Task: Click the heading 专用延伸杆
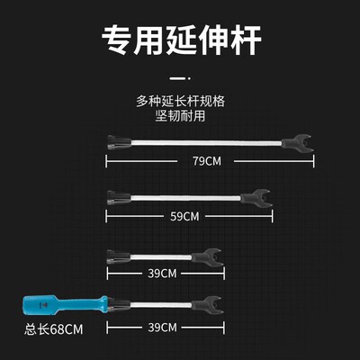pos(181,40)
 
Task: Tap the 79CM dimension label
pos(207,161)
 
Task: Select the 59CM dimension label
pos(184,216)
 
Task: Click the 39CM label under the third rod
pos(162,274)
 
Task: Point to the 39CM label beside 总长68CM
pos(162,328)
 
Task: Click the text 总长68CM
pos(54,329)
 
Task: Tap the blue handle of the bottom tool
pos(65,305)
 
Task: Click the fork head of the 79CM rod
pos(298,143)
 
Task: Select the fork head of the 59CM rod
pos(256,198)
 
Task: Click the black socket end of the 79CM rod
pos(119,142)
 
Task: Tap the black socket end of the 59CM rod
pos(119,198)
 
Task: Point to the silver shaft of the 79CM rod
pos(206,142)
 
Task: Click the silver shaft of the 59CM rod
pos(185,198)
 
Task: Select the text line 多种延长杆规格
pos(180,102)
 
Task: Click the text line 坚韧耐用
pos(180,116)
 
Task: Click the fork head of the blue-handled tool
pos(208,305)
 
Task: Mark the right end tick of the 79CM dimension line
pos(314,161)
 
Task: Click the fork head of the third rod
pos(208,257)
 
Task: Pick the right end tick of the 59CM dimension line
pos(273,216)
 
